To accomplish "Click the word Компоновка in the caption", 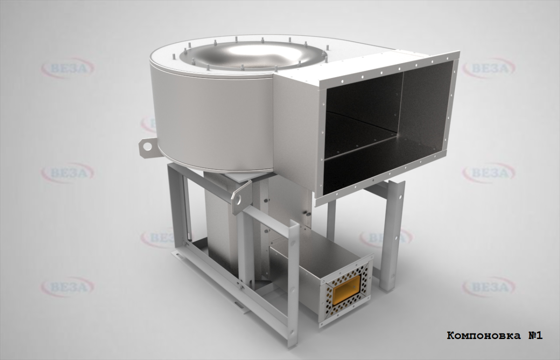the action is pos(480,335).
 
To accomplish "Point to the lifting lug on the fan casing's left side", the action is pos(148,147).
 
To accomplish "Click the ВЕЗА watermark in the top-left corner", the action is pos(68,68).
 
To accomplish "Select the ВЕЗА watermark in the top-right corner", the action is pos(489,68).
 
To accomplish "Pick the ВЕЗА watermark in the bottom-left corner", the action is pos(68,286).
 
